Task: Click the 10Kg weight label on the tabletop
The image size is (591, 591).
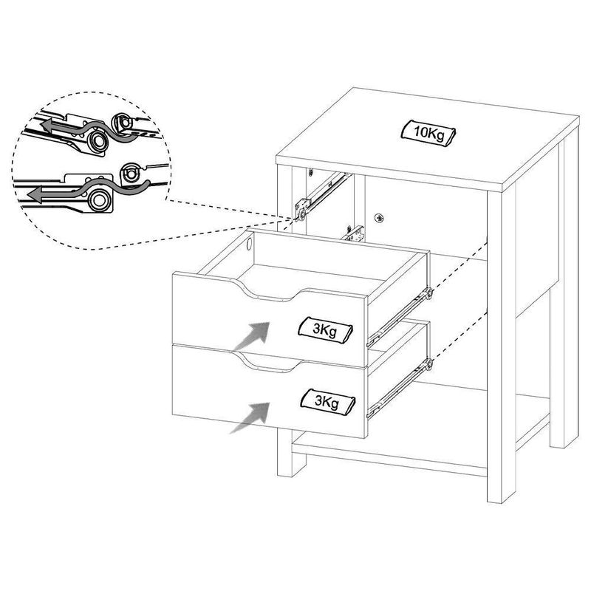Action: tap(428, 133)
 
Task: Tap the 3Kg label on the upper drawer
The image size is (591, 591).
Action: tap(325, 330)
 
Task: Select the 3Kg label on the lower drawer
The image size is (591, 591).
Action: tap(327, 402)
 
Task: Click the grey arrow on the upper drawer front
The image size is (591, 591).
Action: tap(252, 335)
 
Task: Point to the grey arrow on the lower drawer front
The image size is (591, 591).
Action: tap(250, 417)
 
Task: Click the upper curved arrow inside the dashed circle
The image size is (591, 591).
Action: tap(90, 129)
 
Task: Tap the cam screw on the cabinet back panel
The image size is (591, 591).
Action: tap(379, 218)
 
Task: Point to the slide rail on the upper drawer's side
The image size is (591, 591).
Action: tap(400, 317)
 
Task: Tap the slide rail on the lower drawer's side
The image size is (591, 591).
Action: tap(400, 389)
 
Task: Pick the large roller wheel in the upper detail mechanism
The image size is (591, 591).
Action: tap(98, 140)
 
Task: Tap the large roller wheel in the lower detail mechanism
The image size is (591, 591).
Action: tap(100, 199)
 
